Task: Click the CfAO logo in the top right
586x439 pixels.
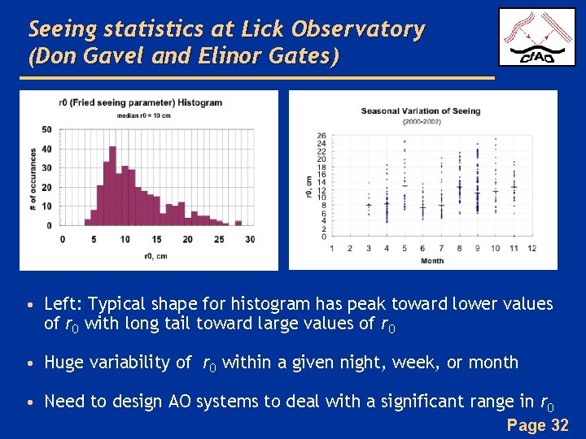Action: click(530, 37)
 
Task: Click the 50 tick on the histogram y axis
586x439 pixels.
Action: click(46, 129)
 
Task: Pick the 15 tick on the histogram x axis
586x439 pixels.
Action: click(155, 239)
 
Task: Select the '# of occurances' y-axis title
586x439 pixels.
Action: click(33, 177)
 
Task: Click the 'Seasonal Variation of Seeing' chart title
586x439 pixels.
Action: click(421, 111)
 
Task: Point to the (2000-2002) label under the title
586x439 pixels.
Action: click(421, 121)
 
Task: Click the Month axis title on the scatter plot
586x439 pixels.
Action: click(431, 261)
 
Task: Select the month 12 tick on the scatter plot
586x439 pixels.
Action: click(531, 248)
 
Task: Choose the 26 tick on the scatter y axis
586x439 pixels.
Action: click(321, 136)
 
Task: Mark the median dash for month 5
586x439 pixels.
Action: click(405, 186)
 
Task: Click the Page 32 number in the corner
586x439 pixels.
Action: click(537, 425)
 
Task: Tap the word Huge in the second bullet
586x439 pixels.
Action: click(63, 363)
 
